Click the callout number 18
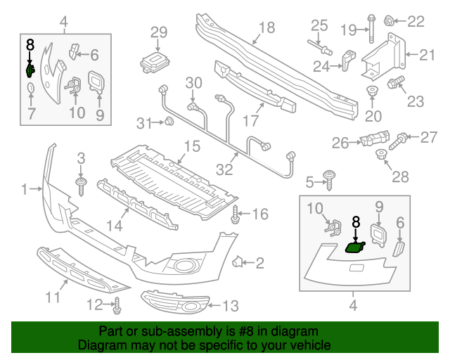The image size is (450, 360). [x=266, y=28]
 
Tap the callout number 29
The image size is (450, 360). [x=159, y=32]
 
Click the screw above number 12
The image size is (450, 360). [x=117, y=306]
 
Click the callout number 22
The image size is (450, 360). [x=416, y=21]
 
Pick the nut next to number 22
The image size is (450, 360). [x=389, y=21]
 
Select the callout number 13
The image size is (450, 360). [x=231, y=306]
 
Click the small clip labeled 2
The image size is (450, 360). [x=238, y=263]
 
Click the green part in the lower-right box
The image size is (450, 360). [x=354, y=246]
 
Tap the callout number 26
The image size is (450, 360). [x=340, y=143]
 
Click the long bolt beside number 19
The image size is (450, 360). [x=368, y=30]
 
